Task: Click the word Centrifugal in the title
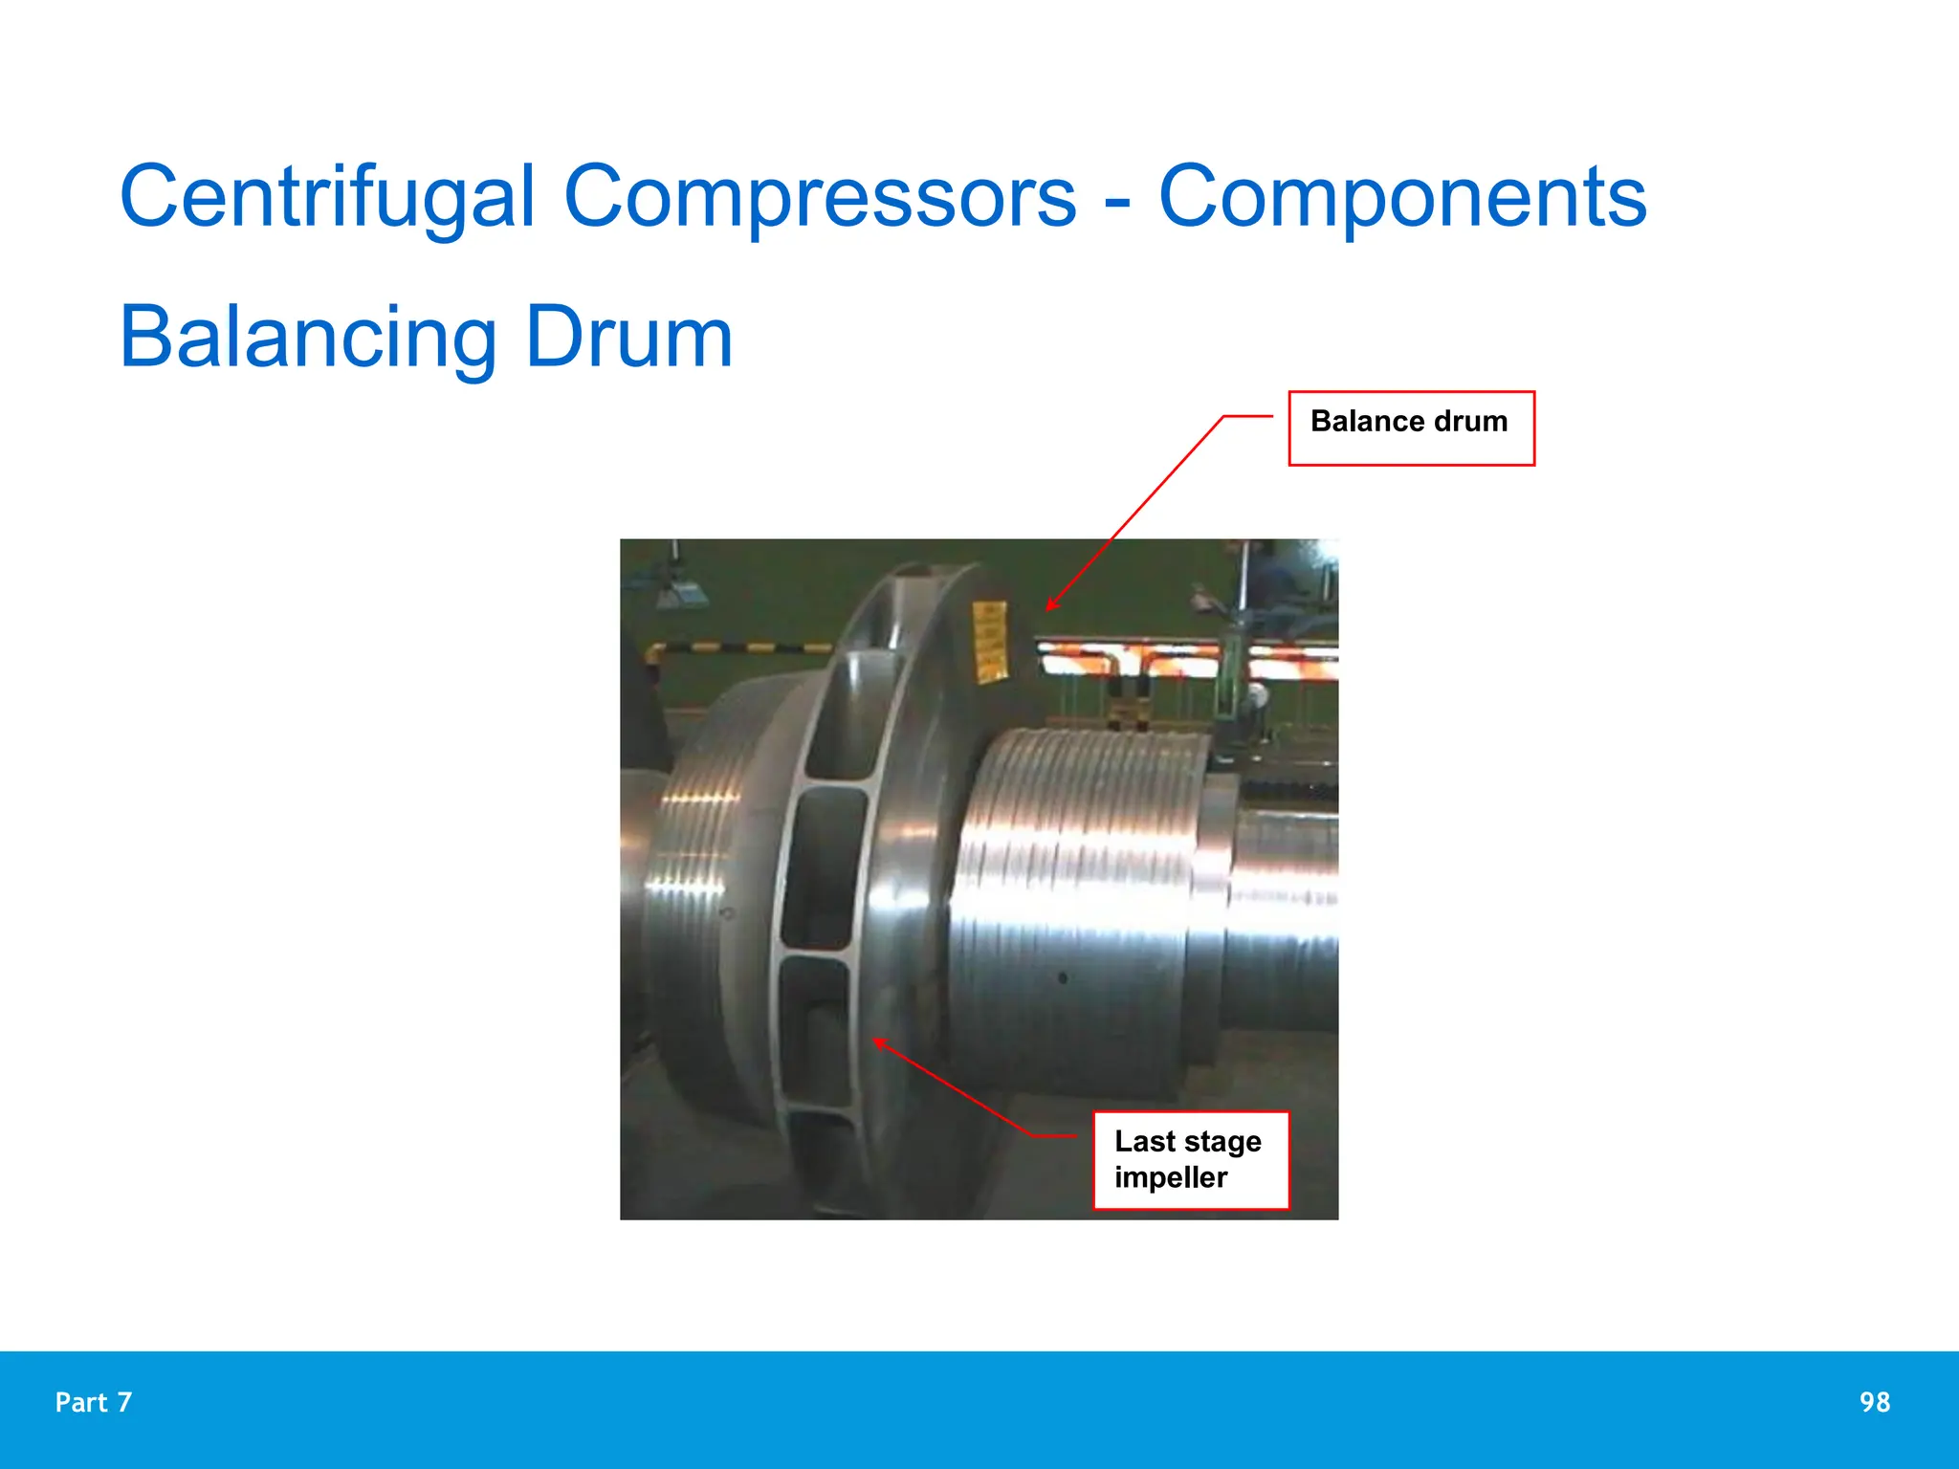pos(326,197)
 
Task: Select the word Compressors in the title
pos(820,197)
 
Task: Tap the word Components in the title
pos(1402,197)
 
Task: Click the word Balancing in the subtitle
pos(307,338)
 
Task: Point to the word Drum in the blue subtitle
pos(628,338)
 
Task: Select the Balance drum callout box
pos(1411,428)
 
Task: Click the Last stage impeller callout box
pos(1191,1160)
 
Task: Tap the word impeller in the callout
pos(1171,1177)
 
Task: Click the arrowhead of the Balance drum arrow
pos(1049,607)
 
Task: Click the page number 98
pos(1874,1402)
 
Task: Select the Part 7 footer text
pos(94,1402)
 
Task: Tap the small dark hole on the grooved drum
pos(1063,978)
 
